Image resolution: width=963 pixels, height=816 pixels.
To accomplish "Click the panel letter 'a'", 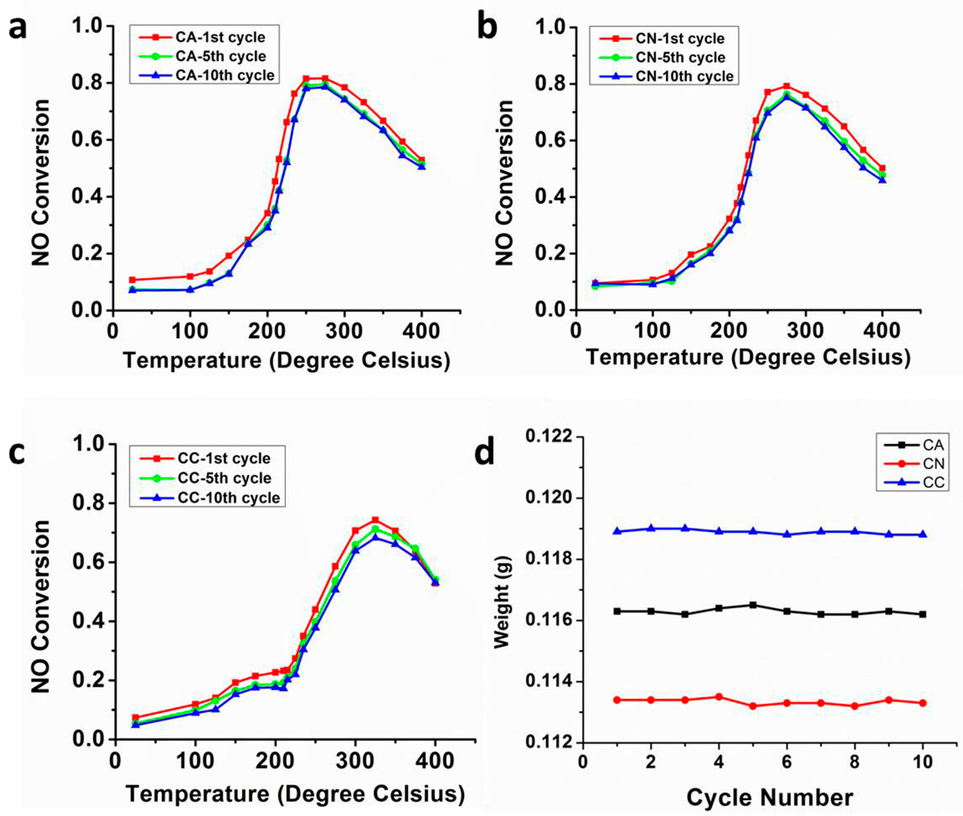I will click(x=18, y=29).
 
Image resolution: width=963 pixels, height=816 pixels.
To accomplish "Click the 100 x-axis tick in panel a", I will click(x=190, y=331).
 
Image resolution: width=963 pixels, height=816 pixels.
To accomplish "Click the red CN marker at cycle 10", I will click(x=922, y=703).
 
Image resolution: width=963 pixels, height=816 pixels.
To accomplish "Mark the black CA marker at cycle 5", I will click(x=753, y=604).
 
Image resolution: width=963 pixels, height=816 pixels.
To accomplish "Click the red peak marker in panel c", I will click(x=375, y=520).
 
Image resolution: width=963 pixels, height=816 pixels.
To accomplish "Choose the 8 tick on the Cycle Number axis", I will click(x=854, y=761).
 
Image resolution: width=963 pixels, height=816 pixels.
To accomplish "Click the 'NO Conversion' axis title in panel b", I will click(x=504, y=183).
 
